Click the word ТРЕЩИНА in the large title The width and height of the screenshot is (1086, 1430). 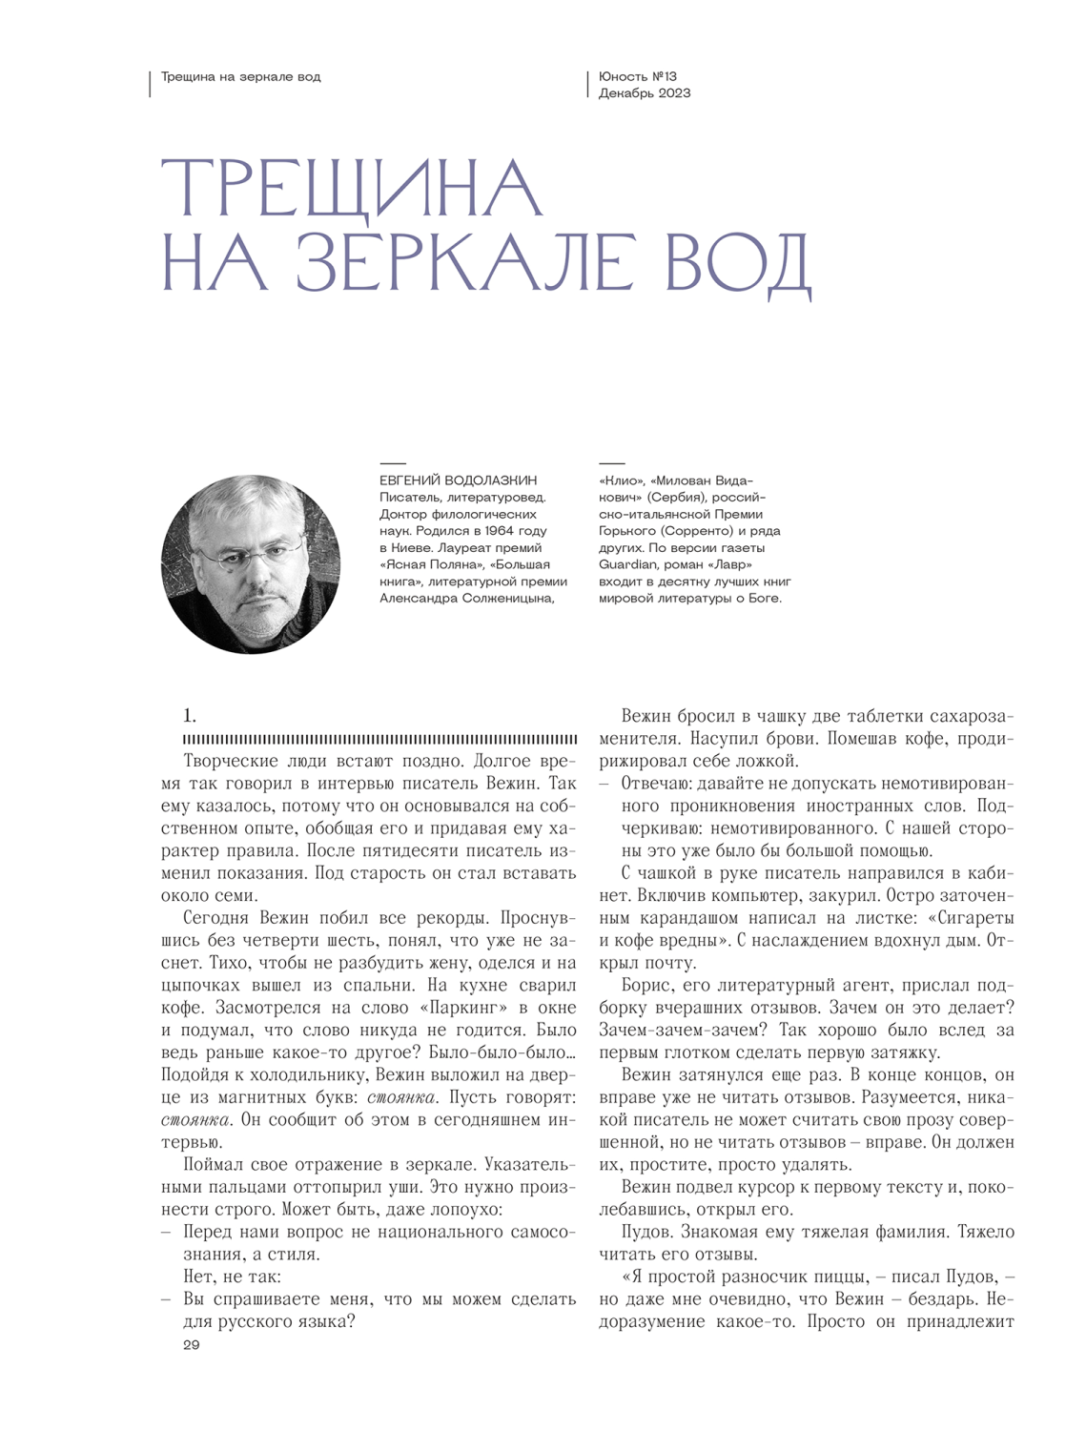click(351, 188)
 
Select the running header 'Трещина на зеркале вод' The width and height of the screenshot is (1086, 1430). click(241, 76)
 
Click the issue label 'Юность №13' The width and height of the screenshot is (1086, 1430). click(638, 76)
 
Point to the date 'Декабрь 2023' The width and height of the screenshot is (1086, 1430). click(645, 93)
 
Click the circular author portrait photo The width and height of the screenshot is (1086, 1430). click(251, 564)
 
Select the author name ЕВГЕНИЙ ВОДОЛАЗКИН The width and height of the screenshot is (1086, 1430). click(458, 480)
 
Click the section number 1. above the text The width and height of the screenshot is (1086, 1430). click(190, 716)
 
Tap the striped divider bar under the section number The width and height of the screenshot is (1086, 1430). click(379, 740)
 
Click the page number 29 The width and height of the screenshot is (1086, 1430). click(192, 1345)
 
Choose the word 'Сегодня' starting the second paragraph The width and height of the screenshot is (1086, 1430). click(215, 918)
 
